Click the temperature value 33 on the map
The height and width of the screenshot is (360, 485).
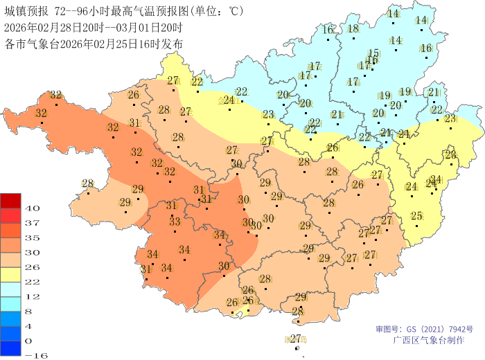coord(175,222)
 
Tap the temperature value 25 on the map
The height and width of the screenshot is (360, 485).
coord(416,216)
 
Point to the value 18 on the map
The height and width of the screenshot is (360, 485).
coord(353,28)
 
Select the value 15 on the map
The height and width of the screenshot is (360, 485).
coord(373,53)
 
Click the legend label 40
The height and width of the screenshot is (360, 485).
coord(33,208)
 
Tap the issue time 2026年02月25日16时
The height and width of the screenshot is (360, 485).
coord(105,44)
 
